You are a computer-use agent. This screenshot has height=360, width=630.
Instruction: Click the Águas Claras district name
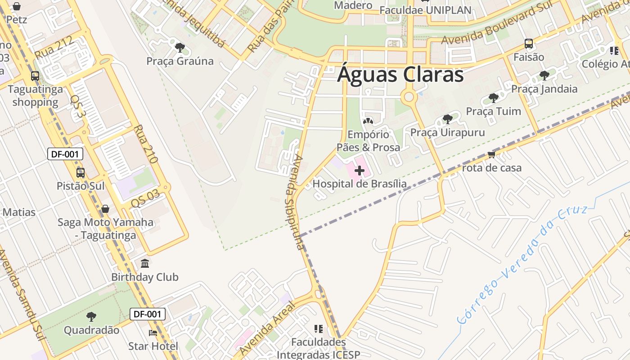click(400, 75)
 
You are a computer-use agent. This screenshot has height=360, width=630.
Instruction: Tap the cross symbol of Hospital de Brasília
click(360, 171)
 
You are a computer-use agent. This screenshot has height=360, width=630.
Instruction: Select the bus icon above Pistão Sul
click(81, 172)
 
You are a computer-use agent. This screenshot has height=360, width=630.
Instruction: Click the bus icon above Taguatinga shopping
click(35, 76)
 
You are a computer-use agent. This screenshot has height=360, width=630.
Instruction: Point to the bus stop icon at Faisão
click(529, 44)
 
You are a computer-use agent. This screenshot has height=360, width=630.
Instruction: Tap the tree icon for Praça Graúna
click(180, 47)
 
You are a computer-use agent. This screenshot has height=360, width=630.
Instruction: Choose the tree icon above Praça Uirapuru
click(447, 119)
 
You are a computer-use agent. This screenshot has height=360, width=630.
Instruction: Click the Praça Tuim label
click(493, 111)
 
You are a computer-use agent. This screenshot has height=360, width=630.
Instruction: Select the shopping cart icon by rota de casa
click(491, 154)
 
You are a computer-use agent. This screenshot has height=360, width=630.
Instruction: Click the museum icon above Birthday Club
click(145, 263)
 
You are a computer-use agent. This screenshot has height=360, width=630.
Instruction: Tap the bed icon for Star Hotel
click(153, 333)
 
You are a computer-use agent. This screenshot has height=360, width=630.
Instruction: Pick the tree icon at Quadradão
click(91, 317)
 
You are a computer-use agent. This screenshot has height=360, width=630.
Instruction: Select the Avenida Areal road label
click(267, 328)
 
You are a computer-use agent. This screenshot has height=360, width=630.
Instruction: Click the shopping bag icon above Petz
click(17, 6)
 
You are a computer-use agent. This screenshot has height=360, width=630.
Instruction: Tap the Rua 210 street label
click(145, 144)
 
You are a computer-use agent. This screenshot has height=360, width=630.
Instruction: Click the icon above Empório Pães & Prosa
click(368, 121)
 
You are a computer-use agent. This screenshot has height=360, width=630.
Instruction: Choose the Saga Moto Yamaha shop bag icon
click(105, 209)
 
